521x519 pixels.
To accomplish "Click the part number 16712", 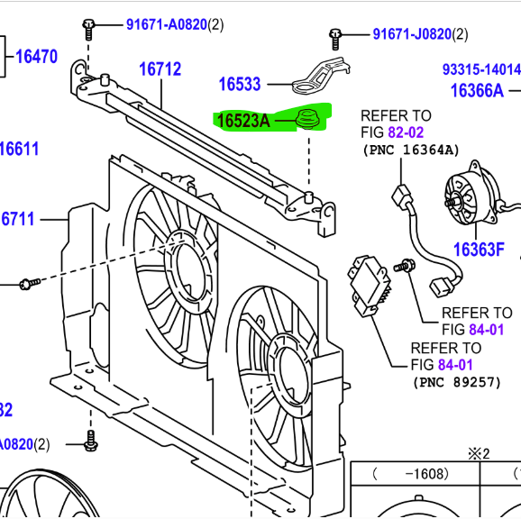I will point(160,68).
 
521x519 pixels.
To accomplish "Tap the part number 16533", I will point(240,85).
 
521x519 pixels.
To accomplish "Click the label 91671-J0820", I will point(411,34).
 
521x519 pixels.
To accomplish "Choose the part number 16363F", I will point(479,250).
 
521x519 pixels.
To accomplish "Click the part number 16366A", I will point(478,90).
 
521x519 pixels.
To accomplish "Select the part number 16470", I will point(36,58).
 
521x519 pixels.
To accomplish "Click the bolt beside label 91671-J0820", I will point(334,37).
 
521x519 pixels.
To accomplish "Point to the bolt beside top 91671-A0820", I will point(88,28).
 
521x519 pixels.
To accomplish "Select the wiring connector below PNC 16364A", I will point(398,196).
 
